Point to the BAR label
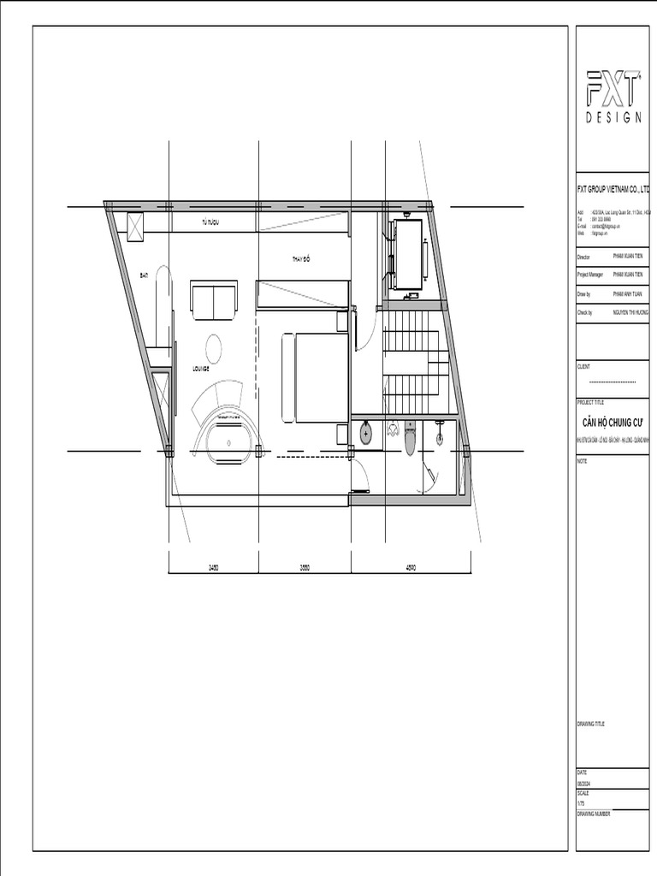pyautogui.click(x=144, y=275)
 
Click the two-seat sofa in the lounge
pyautogui.click(x=215, y=300)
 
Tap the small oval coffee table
pyautogui.click(x=213, y=349)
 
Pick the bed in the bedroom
pyautogui.click(x=316, y=377)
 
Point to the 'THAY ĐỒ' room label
pyautogui.click(x=300, y=258)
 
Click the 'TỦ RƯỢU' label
pyautogui.click(x=210, y=222)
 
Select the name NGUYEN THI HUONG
pyautogui.click(x=630, y=313)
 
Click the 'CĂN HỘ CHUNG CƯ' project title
pyautogui.click(x=613, y=423)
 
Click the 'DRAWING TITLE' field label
pyautogui.click(x=591, y=724)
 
